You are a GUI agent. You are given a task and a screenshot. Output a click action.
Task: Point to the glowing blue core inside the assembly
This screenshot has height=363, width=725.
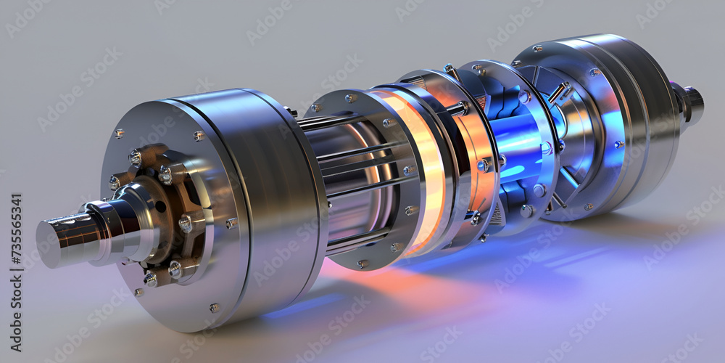click(516, 145)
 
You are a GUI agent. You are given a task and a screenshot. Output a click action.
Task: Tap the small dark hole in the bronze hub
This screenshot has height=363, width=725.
click(160, 207)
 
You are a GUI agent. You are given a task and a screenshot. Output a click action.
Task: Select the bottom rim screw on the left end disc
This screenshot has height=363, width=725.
click(215, 307)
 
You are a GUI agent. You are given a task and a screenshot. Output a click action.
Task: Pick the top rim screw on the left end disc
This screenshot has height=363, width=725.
click(198, 136)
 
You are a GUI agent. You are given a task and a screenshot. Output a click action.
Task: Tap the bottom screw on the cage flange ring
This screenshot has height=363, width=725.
click(362, 264)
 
